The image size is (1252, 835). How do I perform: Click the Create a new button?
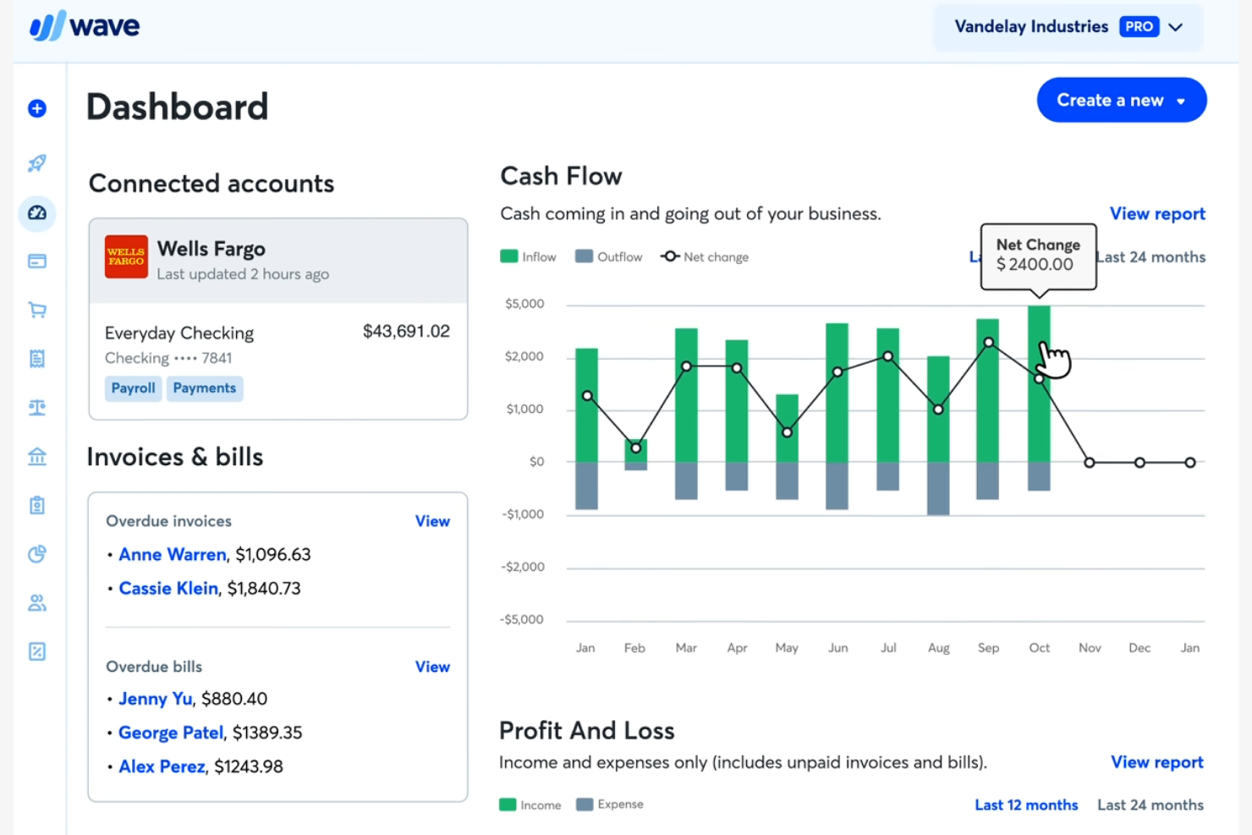coord(1121,100)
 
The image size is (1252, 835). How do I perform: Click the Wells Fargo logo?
coord(126,256)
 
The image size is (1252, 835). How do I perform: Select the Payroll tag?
coord(134,388)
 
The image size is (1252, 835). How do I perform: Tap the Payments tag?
coord(205,388)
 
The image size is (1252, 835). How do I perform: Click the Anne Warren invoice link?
coord(173,555)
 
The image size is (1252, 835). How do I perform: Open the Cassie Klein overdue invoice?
coord(168,589)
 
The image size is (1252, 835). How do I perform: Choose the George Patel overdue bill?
coord(171,733)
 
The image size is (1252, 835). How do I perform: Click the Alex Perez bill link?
coord(162,766)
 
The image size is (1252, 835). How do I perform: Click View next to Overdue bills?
coord(432,667)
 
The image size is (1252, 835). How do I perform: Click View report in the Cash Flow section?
coord(1157,214)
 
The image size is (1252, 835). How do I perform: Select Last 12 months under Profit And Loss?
coord(1026,805)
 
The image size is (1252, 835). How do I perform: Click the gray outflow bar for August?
coord(938,488)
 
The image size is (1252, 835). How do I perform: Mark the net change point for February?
coord(636,448)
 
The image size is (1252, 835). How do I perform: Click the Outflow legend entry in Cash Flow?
coord(609,257)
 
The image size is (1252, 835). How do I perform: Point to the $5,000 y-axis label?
coord(524,304)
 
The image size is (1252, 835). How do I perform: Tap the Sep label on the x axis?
coord(988,648)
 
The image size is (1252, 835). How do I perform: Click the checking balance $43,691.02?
coord(406,332)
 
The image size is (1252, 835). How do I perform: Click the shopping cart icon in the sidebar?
coord(37,310)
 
